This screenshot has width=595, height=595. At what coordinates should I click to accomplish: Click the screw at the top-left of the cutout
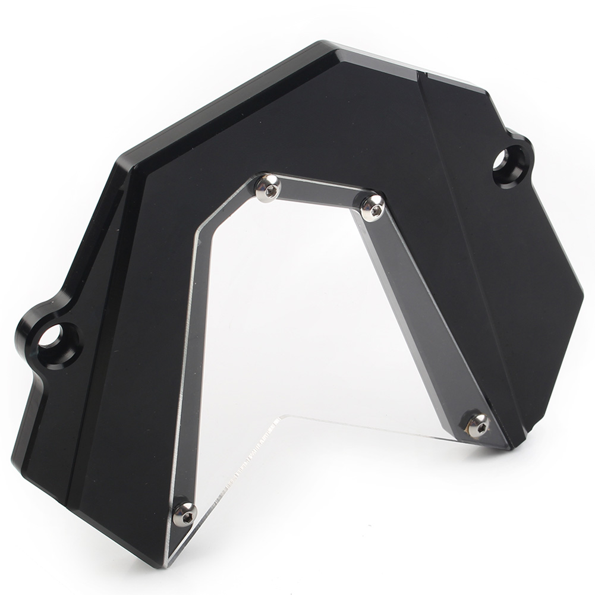coord(268,189)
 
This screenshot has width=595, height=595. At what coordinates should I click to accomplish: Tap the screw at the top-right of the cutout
coord(373,206)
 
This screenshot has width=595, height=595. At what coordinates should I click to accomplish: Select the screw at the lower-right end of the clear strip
coord(477,424)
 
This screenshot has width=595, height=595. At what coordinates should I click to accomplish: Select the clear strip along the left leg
coord(193,357)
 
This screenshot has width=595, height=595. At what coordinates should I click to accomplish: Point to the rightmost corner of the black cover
coord(583,294)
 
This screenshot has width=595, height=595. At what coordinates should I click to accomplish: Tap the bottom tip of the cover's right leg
coord(516,445)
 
